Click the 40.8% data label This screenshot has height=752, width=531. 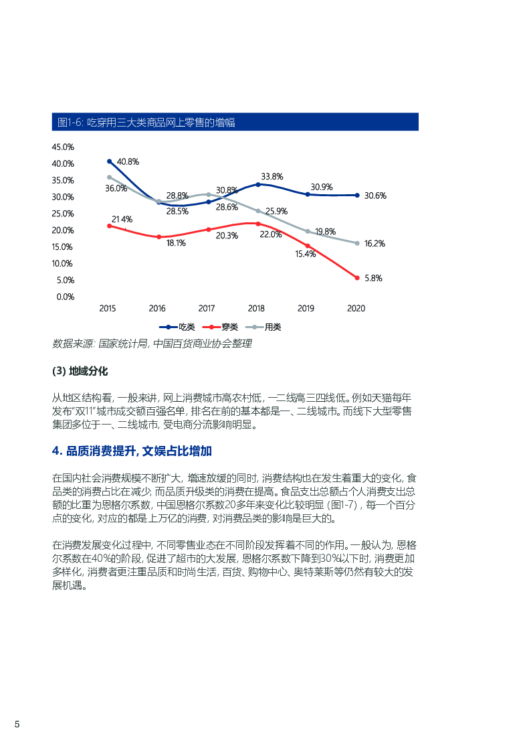click(128, 161)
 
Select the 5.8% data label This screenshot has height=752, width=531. click(373, 278)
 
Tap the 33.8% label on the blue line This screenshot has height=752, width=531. click(272, 176)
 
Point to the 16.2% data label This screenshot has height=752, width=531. click(375, 244)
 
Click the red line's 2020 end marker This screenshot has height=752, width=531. click(357, 278)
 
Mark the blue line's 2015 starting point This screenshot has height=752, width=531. click(109, 161)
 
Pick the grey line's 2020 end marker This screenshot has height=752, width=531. click(357, 243)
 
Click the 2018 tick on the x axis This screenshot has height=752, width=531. click(256, 309)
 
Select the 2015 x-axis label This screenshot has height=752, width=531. click(108, 309)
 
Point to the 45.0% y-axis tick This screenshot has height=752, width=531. click(63, 147)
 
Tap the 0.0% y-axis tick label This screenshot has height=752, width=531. click(65, 297)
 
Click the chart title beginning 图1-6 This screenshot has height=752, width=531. click(146, 122)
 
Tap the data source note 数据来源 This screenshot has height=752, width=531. click(152, 344)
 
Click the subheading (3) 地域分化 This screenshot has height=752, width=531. click(80, 371)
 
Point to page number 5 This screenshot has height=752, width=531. click(17, 725)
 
